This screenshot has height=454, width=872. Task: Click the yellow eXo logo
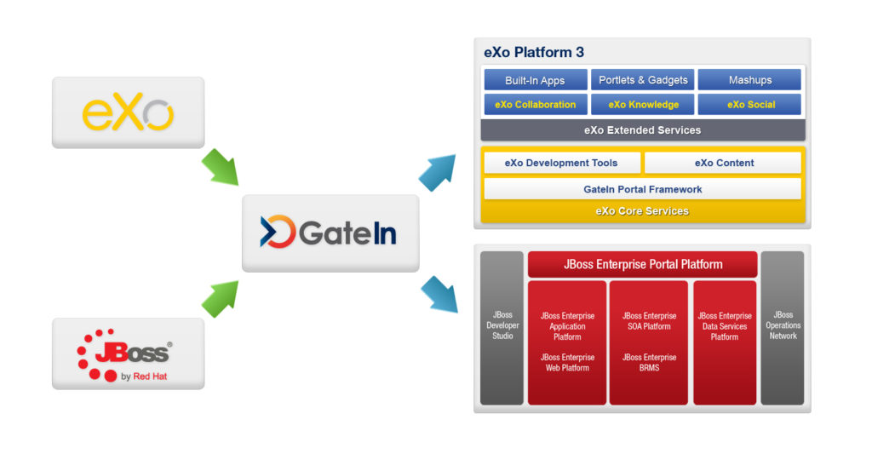click(x=128, y=113)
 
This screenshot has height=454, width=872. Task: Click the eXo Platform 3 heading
click(x=534, y=52)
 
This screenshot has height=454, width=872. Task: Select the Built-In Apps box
click(x=536, y=80)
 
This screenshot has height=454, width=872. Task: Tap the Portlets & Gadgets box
click(x=643, y=80)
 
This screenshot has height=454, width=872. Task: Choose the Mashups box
click(x=749, y=80)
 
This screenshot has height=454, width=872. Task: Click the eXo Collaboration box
click(x=536, y=105)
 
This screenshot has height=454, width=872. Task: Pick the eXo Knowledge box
click(x=643, y=105)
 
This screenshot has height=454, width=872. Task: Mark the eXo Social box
click(x=749, y=105)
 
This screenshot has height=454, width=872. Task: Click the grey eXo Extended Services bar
click(x=643, y=130)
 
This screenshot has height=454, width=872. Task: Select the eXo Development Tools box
click(x=561, y=163)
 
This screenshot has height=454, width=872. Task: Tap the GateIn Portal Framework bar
click(x=643, y=189)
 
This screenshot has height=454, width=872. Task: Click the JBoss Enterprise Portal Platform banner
click(x=643, y=264)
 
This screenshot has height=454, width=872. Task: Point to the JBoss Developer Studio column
click(x=502, y=328)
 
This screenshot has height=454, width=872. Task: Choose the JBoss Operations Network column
click(x=783, y=328)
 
